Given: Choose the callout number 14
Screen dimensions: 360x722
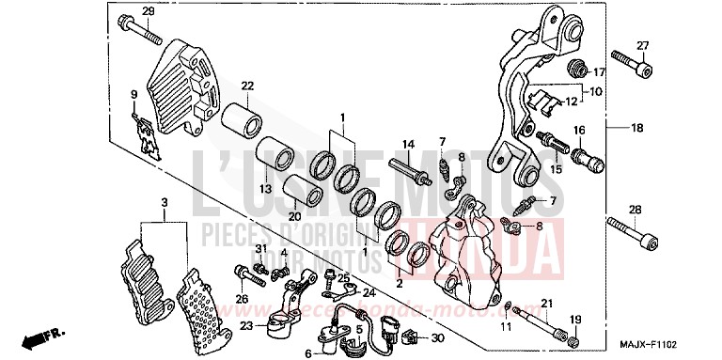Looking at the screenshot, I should [x=408, y=144].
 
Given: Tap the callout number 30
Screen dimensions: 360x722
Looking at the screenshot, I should [x=436, y=337].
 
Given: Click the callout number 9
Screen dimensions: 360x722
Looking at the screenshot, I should [x=133, y=93].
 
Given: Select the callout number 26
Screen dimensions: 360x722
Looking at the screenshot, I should [x=242, y=300].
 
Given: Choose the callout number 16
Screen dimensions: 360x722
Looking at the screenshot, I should [x=580, y=130].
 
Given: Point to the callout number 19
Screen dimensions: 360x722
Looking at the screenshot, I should [x=575, y=321].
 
